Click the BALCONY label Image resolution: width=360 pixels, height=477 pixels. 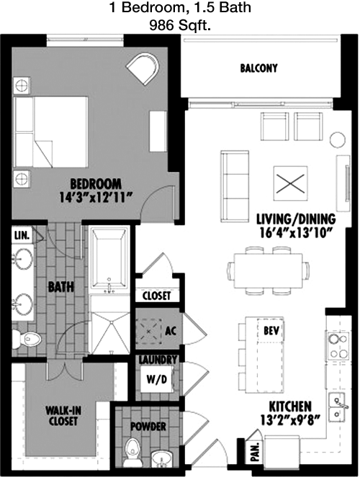click(258, 68)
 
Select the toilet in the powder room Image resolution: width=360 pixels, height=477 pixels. click(132, 450)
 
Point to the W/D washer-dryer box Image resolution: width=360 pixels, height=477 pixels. click(157, 379)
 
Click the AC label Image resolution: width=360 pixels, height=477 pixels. click(171, 331)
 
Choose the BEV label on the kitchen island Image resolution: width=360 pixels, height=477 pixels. click(271, 330)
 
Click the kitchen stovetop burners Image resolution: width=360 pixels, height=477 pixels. click(338, 346)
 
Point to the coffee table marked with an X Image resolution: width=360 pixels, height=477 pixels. click(290, 183)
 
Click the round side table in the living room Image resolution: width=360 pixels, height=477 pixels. click(338, 140)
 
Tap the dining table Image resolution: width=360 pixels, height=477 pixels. click(268, 271)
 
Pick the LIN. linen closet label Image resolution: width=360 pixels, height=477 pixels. click(22, 235)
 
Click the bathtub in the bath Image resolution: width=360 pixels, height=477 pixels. click(109, 259)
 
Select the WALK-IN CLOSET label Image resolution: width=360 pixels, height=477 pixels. click(63, 416)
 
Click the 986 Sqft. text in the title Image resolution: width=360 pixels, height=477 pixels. click(180, 26)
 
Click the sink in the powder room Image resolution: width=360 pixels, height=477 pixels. click(162, 458)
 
